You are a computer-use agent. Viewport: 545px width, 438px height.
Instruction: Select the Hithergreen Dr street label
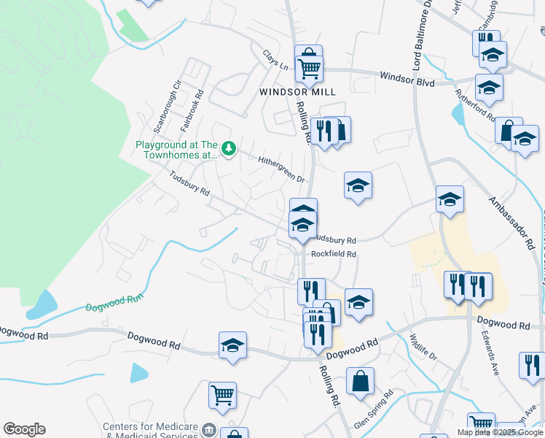point(281,169)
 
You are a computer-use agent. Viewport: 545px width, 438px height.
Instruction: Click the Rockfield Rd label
point(333,254)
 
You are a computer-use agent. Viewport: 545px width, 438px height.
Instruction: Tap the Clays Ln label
point(275,61)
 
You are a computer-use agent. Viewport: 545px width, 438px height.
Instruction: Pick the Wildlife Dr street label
point(422,349)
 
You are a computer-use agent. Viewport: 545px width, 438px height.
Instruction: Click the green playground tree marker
point(229,149)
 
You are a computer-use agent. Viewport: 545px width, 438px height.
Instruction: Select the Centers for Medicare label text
point(151,426)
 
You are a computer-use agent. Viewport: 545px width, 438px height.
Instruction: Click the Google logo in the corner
point(24,429)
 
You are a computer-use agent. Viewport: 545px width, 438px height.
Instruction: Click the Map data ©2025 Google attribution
point(500,432)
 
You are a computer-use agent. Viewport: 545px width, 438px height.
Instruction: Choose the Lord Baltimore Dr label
point(422,43)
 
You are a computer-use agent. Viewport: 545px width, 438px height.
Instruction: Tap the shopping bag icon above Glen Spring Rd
point(360,381)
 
